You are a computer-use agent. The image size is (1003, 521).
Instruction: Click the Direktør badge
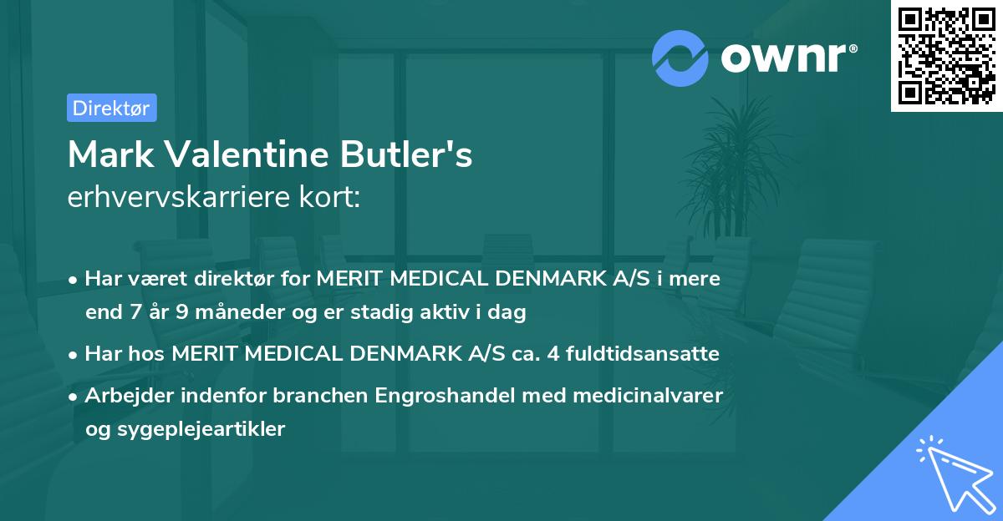click(111, 108)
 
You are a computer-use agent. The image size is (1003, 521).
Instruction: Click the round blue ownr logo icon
click(680, 58)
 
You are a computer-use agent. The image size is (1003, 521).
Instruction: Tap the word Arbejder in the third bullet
click(124, 395)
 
